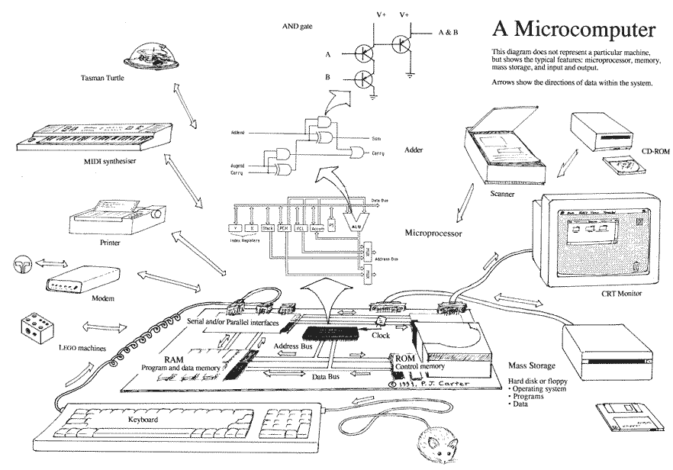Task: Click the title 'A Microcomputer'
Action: tap(573, 30)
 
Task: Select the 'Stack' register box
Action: tap(268, 227)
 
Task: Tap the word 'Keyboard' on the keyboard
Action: tap(143, 420)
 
